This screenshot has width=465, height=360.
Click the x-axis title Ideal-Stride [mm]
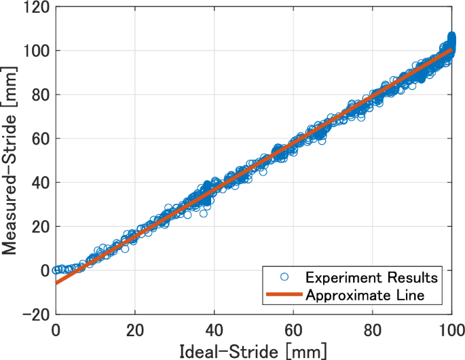click(253, 350)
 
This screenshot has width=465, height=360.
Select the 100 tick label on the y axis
click(36, 51)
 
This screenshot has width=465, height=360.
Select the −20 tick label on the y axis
click(35, 314)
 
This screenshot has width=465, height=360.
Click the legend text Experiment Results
click(371, 278)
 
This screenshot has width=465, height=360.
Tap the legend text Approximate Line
click(365, 295)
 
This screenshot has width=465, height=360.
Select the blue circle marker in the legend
click(284, 278)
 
